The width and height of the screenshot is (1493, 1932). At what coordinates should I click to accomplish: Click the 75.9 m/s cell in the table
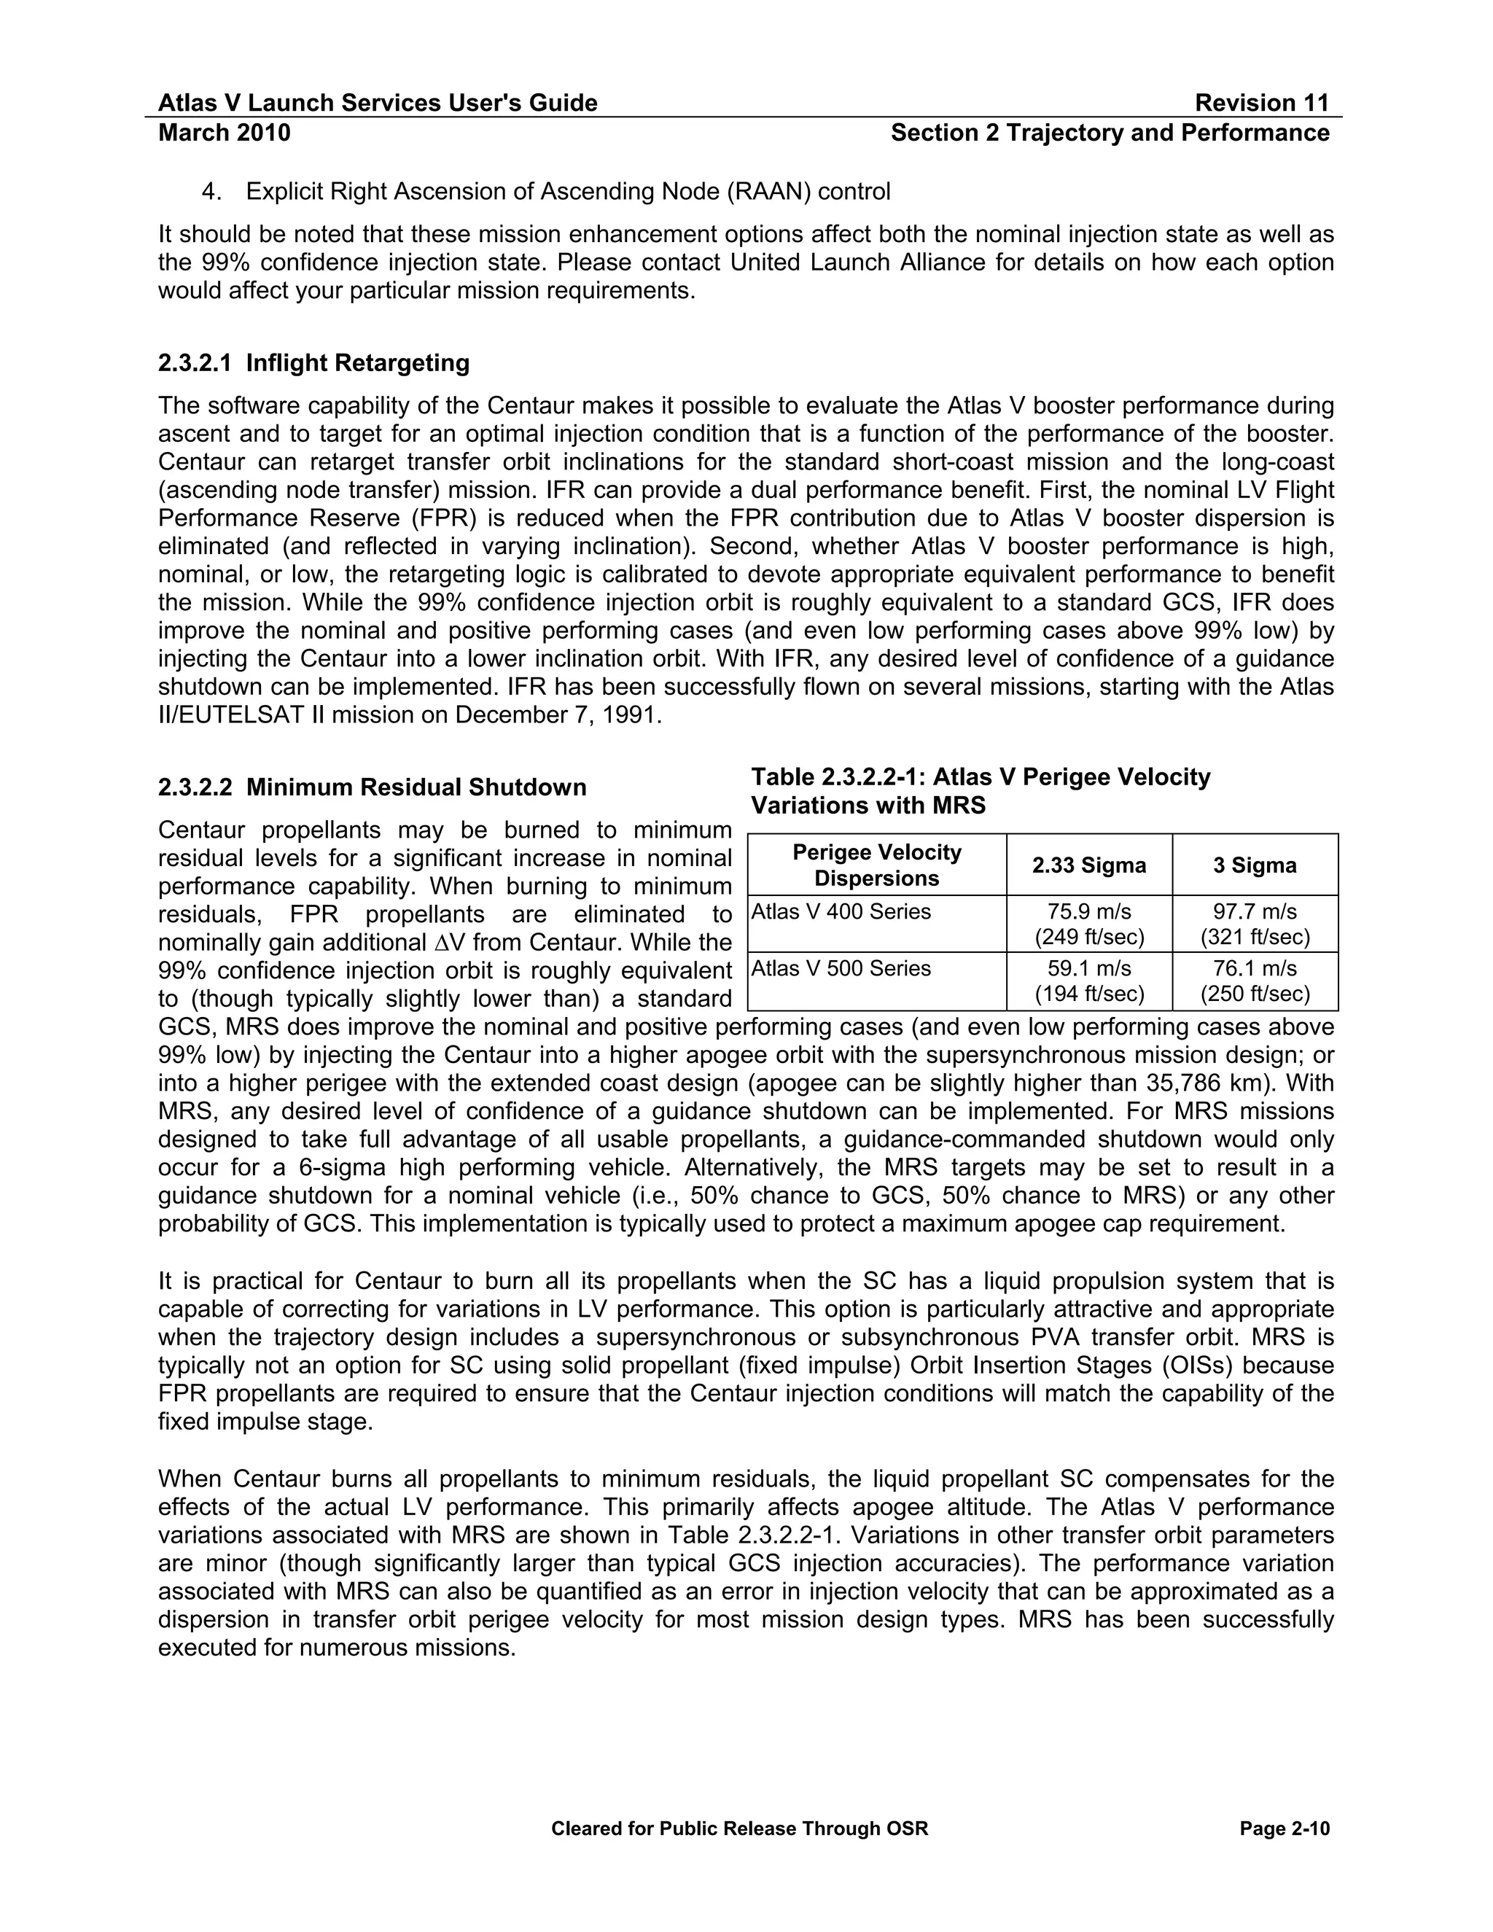[x=1089, y=924]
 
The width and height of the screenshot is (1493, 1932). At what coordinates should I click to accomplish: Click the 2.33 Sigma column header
[x=1089, y=865]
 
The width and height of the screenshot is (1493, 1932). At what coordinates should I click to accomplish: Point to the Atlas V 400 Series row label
[x=841, y=912]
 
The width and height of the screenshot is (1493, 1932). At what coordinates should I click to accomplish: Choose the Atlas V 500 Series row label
[x=841, y=969]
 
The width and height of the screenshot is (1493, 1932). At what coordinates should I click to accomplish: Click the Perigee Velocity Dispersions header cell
[x=876, y=865]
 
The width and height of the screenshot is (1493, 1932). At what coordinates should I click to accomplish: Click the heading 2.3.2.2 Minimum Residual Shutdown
[x=373, y=787]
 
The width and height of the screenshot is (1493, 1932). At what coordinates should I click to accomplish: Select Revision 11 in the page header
[x=1261, y=104]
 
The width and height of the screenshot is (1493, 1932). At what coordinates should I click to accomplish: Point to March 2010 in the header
[x=225, y=133]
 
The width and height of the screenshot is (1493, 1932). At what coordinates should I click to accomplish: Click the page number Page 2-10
[x=1285, y=1828]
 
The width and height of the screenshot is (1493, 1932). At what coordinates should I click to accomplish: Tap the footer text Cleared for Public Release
[x=739, y=1828]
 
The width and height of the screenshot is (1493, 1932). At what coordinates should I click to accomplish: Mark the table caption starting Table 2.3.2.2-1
[x=980, y=792]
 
